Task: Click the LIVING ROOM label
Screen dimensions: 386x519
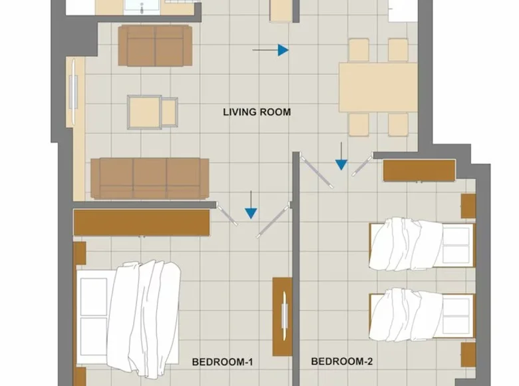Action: [256, 112]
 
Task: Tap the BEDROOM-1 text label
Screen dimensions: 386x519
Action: [222, 362]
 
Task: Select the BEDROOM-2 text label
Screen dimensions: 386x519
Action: [342, 362]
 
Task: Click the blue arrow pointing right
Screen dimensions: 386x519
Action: [283, 50]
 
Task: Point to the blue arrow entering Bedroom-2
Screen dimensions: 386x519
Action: [341, 162]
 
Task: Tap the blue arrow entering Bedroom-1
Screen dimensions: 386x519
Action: [251, 211]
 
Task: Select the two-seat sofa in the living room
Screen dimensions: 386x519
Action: [155, 46]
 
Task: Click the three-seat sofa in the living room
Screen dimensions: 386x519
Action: [150, 178]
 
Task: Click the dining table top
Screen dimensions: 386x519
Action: [377, 87]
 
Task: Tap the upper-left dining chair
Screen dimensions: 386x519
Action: [359, 50]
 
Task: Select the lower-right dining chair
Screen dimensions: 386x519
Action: [398, 124]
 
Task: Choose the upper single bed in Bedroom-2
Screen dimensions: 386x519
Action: [421, 245]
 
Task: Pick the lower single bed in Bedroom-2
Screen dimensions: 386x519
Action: [421, 313]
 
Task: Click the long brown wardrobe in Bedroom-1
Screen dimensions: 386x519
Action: [142, 222]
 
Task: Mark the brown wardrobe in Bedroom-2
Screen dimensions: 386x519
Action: [419, 170]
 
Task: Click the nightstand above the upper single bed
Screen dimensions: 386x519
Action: [468, 206]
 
